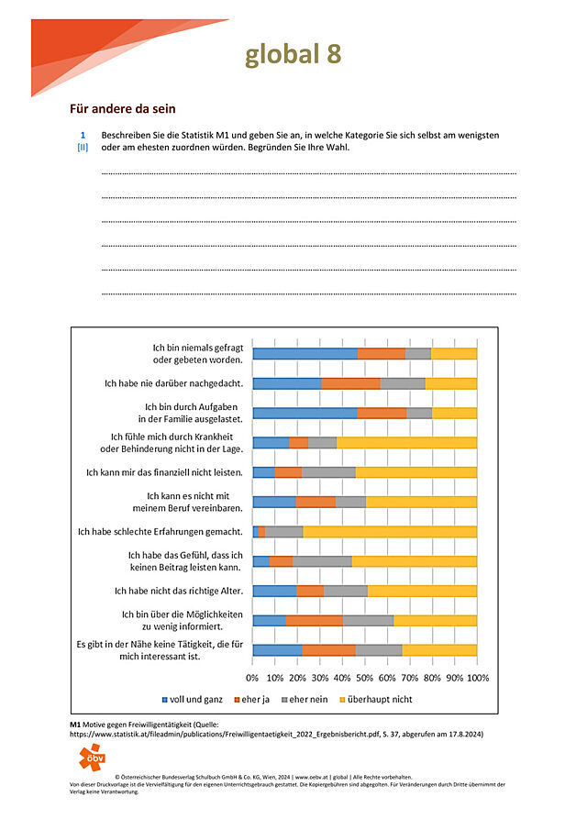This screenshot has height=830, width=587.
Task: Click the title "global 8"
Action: tap(293, 54)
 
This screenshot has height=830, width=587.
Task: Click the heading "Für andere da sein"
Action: tap(123, 109)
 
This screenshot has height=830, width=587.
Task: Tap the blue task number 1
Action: tap(83, 136)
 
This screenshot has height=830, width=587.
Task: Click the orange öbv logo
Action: tap(92, 757)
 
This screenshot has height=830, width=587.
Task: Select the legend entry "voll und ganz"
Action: tap(192, 699)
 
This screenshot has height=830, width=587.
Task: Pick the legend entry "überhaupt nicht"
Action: tap(376, 699)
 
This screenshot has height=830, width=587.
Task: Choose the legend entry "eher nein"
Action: tap(305, 699)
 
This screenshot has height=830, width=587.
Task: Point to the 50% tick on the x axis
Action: tap(364, 678)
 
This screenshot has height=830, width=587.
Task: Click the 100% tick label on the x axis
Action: tap(478, 678)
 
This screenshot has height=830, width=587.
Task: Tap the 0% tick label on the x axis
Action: tap(252, 678)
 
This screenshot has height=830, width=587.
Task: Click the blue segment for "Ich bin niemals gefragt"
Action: tap(305, 354)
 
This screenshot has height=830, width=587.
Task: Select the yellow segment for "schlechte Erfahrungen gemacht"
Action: tap(390, 531)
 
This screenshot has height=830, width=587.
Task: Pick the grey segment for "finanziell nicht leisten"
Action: tap(328, 472)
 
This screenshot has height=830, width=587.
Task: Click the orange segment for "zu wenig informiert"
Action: tap(315, 620)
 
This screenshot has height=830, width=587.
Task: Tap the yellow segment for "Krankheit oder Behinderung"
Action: tap(406, 443)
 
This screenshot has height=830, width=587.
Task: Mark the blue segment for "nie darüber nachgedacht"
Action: tap(287, 383)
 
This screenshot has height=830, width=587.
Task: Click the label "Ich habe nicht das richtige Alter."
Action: tap(179, 591)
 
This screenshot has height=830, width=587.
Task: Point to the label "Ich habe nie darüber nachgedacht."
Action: tap(173, 383)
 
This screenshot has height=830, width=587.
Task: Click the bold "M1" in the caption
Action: tap(75, 725)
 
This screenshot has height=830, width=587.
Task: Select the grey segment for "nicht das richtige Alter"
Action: tap(346, 591)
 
